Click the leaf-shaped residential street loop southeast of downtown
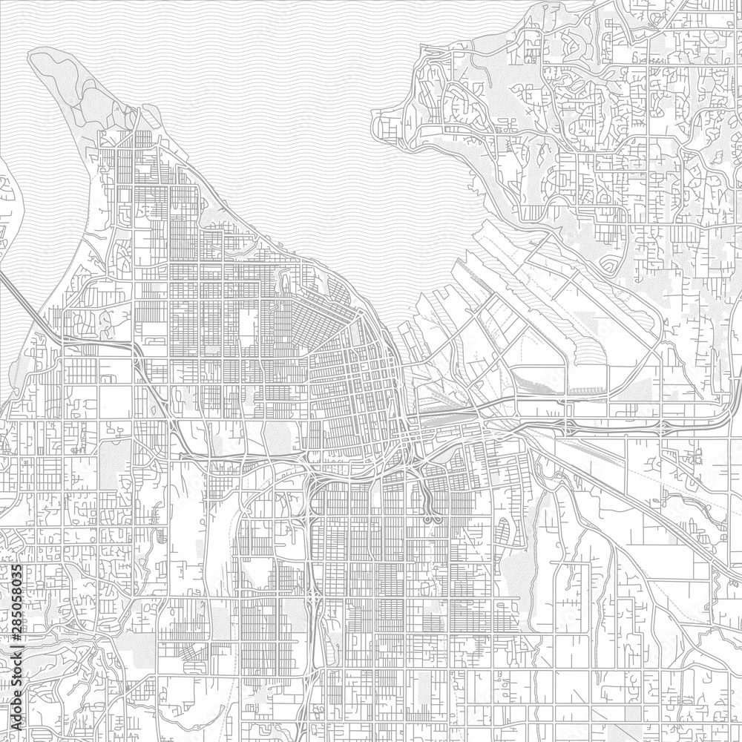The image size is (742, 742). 505,531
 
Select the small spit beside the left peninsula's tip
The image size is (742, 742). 148,115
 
